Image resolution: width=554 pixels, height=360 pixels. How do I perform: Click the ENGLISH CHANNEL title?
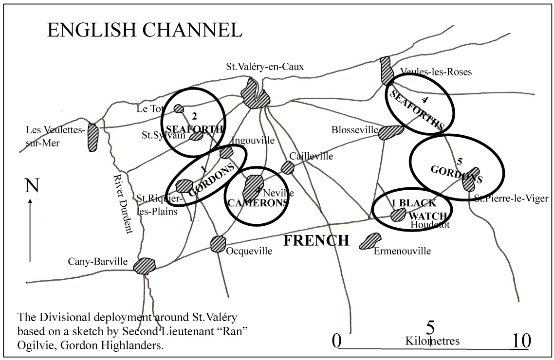tap(145, 30)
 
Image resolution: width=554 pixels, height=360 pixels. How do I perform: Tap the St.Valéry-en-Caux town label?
tap(265, 67)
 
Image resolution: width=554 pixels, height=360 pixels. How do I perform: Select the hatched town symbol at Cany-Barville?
tap(145, 266)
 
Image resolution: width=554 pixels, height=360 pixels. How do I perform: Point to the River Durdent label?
tap(123, 204)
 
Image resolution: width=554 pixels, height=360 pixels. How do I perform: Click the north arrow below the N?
tap(30, 231)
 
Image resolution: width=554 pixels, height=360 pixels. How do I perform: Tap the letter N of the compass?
tap(32, 186)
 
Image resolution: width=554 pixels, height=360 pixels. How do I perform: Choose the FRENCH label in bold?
tap(316, 241)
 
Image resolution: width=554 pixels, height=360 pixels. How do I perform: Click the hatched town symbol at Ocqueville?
tap(218, 244)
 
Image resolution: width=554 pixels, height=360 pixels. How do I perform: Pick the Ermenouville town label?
tap(403, 251)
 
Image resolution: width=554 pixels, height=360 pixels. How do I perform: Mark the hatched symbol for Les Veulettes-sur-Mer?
tap(92, 137)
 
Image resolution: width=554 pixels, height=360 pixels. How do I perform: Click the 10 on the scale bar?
tap(520, 341)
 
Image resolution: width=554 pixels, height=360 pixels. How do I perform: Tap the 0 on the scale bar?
tap(337, 341)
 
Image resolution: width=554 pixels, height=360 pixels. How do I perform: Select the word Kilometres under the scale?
tap(432, 341)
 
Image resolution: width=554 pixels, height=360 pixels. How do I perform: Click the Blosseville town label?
tap(354, 130)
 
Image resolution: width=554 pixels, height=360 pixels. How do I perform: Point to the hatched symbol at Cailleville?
tap(288, 168)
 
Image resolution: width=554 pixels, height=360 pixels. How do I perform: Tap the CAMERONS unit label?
tap(258, 203)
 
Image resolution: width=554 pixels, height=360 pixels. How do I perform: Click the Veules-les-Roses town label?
tap(436, 72)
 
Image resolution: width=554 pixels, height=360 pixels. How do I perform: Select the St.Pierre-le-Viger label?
tap(511, 198)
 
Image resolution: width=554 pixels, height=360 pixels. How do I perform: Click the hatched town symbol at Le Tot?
tap(179, 108)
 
